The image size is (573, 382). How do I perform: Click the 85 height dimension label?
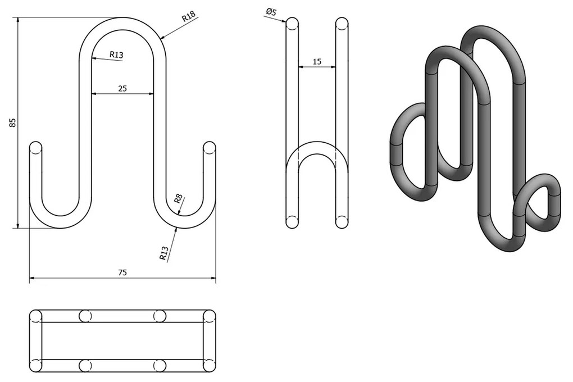tap(13, 122)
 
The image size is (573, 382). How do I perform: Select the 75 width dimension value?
tap(122, 272)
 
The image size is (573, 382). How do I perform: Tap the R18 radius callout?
tap(189, 17)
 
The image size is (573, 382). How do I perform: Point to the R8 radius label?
tap(178, 199)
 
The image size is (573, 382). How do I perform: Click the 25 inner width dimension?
tap(122, 88)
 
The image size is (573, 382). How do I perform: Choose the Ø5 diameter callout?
tap(271, 12)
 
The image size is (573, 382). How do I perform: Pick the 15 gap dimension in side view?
tap(317, 62)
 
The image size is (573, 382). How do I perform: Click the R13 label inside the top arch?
tap(117, 55)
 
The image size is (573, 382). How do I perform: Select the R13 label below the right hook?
tap(164, 254)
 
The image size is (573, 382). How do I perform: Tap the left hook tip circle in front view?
tap(35, 148)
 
